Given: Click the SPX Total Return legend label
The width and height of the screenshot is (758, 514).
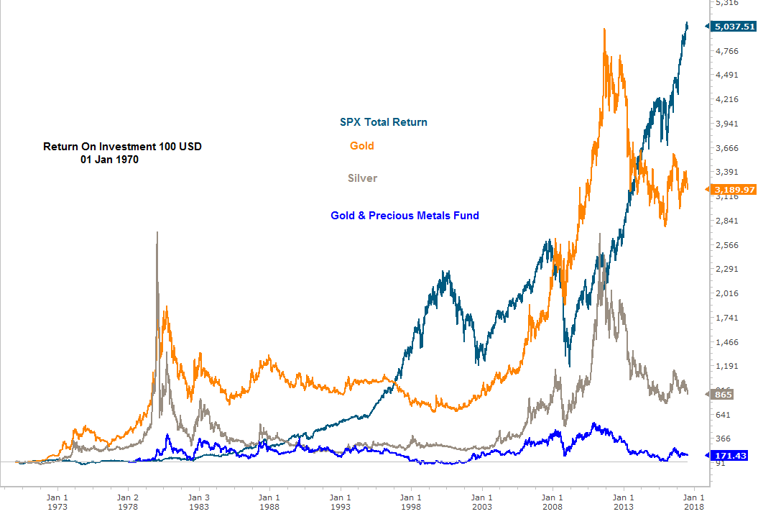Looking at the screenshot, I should click(x=383, y=122).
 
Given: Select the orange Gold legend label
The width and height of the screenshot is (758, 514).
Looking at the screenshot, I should click(x=362, y=146).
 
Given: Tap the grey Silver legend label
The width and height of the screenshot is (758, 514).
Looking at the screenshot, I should click(x=362, y=178).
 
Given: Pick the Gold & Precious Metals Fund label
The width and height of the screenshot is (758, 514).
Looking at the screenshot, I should click(x=405, y=215).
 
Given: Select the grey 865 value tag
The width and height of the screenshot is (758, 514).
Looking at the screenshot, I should click(x=724, y=395).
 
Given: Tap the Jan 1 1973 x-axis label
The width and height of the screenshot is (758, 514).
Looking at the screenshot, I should click(x=57, y=501).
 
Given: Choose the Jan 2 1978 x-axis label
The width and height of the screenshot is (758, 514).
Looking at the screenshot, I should click(x=128, y=501).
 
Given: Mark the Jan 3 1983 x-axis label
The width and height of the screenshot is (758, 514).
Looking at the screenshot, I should click(x=198, y=501).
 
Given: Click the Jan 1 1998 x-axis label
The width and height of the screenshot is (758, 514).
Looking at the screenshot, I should click(x=410, y=501).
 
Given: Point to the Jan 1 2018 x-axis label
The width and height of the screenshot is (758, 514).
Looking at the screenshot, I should click(x=693, y=501).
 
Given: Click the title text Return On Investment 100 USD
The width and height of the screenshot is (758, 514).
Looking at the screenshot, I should click(x=122, y=147).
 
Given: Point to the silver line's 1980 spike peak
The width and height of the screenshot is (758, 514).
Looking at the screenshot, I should click(x=157, y=232).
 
